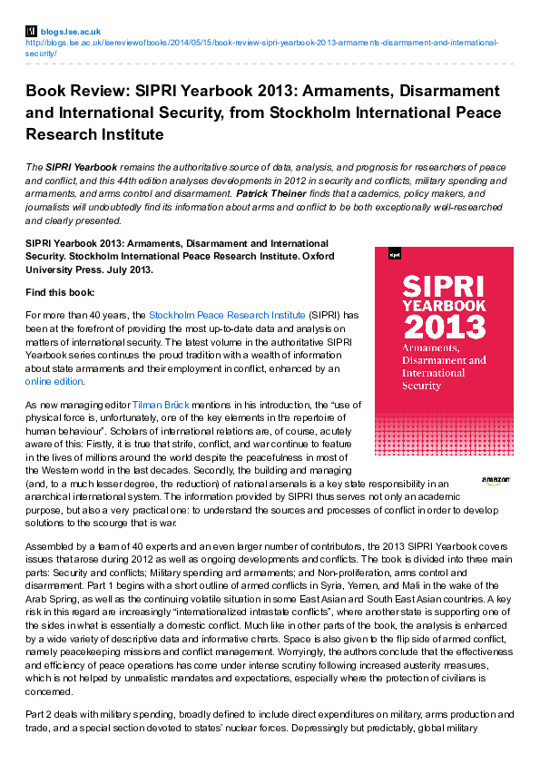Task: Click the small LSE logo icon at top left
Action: point(31,31)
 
